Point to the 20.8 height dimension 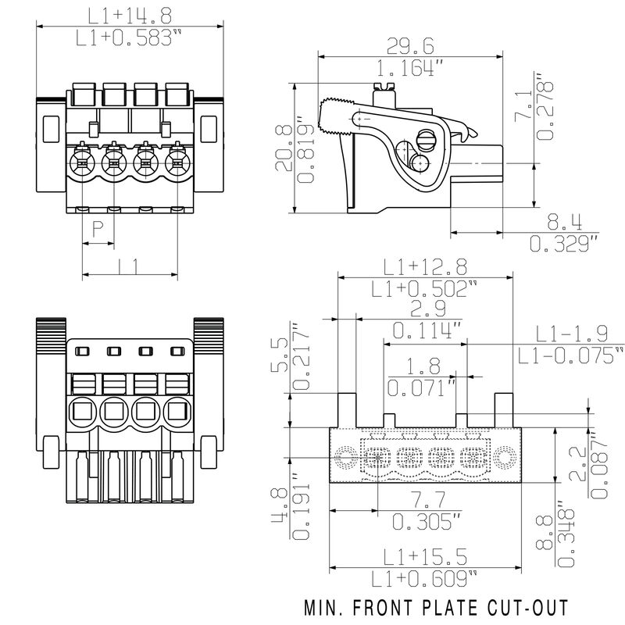pos(286,148)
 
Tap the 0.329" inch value pos(563,244)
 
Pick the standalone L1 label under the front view pos(130,266)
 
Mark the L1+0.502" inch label pos(424,288)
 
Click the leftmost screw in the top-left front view pos(80,165)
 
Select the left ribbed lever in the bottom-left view pos(52,337)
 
